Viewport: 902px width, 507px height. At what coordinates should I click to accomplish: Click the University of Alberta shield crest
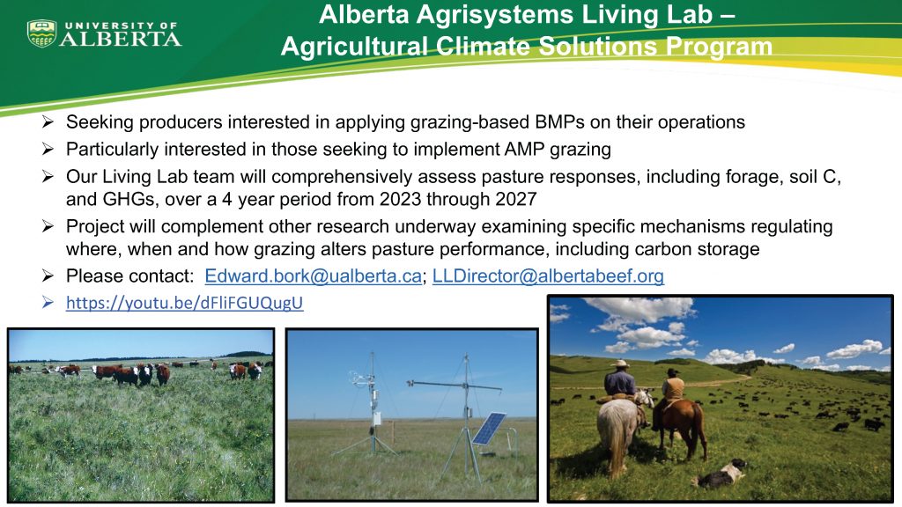41,33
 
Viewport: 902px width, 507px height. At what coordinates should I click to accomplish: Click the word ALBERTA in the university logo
121,39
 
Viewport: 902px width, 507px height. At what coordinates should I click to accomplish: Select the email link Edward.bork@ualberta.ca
313,276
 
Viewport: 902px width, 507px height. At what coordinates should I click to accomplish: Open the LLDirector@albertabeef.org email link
548,276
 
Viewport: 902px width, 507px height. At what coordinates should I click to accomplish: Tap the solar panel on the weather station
488,428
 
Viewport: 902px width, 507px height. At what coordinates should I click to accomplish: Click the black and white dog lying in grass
722,474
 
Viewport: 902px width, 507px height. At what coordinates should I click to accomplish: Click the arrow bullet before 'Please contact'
49,276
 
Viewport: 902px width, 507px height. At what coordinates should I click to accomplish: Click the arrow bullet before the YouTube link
49,304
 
